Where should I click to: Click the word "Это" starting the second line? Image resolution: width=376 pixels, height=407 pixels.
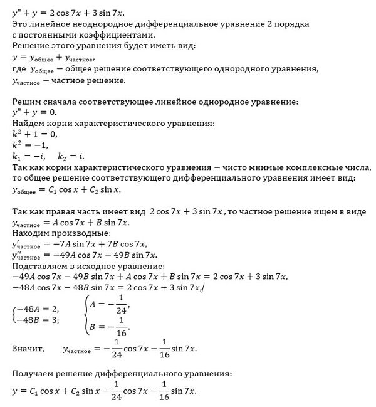coord(20,24)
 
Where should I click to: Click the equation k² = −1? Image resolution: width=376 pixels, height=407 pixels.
coord(31,145)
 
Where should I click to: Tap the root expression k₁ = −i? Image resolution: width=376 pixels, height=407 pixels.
coord(29,156)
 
